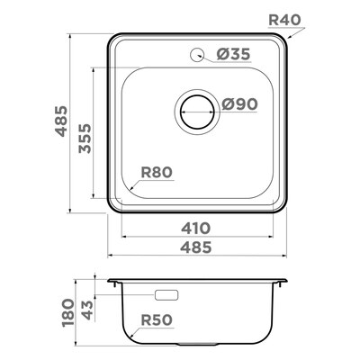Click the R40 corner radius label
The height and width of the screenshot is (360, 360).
[284, 20]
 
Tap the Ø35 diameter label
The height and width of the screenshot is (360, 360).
[233, 54]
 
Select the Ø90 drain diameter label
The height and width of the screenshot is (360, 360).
[239, 104]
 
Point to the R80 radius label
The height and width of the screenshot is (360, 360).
[157, 173]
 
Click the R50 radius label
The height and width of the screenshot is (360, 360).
[157, 320]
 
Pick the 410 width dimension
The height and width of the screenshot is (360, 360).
[195, 229]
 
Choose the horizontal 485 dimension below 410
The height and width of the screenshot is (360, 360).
[196, 247]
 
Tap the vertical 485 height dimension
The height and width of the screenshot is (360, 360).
[61, 121]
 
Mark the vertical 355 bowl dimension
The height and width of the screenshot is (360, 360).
[85, 139]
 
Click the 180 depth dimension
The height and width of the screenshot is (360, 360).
[67, 312]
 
